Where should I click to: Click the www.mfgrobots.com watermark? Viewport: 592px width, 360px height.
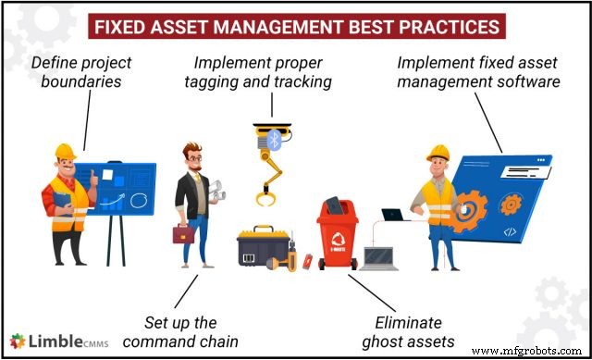point(542,351)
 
